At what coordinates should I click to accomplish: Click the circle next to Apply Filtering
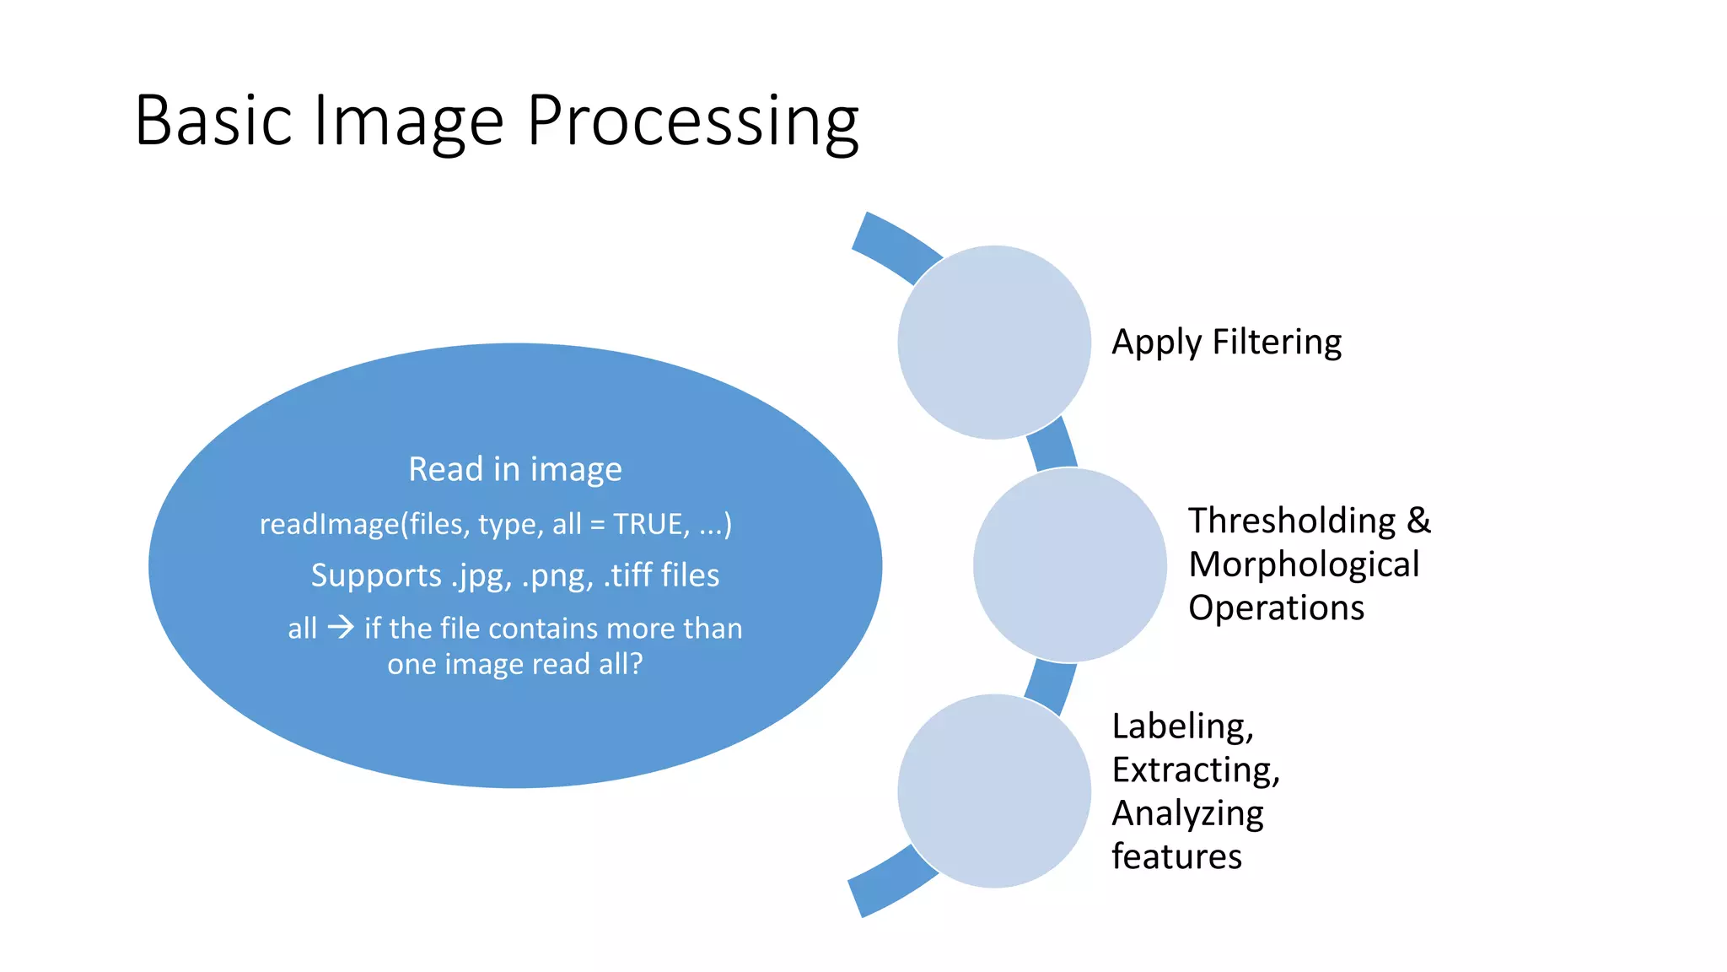point(994,342)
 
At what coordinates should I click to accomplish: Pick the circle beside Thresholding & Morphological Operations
point(1069,564)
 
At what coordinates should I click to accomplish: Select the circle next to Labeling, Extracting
point(994,791)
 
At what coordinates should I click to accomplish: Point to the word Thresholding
point(1292,521)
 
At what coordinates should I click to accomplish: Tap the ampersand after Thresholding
point(1418,521)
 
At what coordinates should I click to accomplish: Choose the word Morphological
point(1304,564)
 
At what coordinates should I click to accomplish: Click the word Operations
point(1276,607)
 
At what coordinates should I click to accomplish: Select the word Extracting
point(1195,770)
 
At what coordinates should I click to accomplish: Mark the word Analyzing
point(1187,814)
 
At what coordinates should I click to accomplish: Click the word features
point(1176,856)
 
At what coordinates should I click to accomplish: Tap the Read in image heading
point(515,469)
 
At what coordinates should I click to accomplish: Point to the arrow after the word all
point(341,627)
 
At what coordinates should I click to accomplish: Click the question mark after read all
point(636,664)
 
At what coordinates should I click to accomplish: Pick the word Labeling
point(1182,726)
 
